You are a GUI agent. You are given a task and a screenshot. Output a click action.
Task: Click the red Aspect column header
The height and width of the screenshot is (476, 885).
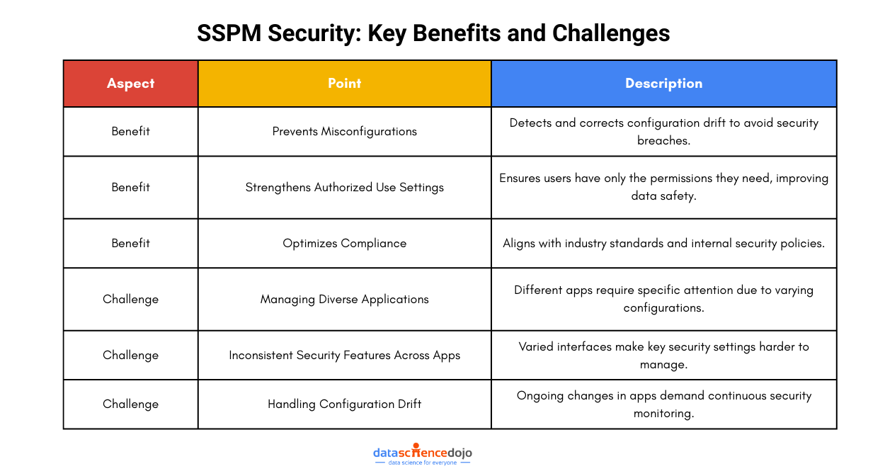click(130, 84)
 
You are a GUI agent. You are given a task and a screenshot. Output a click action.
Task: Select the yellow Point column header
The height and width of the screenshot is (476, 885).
click(344, 84)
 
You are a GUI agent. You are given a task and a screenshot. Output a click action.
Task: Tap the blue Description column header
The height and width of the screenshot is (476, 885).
click(663, 84)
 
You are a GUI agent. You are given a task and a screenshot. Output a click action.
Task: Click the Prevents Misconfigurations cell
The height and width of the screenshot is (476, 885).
click(344, 131)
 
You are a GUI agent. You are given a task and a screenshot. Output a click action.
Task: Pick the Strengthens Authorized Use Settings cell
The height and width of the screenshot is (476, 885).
click(344, 187)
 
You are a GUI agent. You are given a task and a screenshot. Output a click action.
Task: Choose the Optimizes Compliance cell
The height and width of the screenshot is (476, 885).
click(344, 243)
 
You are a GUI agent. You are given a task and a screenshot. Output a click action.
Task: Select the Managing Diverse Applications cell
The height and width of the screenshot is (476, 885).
click(344, 299)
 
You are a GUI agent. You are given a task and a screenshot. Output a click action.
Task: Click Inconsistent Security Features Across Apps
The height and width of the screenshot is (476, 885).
click(344, 355)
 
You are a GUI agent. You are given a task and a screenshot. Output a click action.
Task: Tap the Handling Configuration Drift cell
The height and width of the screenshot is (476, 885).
click(344, 404)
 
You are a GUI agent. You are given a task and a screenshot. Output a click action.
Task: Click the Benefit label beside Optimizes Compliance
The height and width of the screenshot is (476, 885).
click(130, 243)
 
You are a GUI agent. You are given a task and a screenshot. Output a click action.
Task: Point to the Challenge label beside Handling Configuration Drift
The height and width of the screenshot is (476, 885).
click(130, 404)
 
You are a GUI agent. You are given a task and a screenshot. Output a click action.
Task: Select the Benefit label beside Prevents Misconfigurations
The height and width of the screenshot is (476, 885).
click(130, 131)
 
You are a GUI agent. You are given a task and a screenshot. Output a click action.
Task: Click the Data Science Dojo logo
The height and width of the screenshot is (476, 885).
click(422, 455)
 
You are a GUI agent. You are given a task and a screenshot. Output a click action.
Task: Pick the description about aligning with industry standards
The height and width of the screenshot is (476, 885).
click(663, 243)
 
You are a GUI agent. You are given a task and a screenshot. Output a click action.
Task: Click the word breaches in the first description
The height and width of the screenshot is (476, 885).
click(663, 140)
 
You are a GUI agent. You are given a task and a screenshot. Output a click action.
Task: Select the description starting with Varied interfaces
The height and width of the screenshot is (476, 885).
click(663, 355)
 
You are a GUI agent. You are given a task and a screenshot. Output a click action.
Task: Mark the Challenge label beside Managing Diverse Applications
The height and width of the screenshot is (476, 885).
click(130, 299)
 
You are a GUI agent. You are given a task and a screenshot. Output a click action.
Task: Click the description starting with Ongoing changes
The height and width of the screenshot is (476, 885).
click(663, 404)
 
